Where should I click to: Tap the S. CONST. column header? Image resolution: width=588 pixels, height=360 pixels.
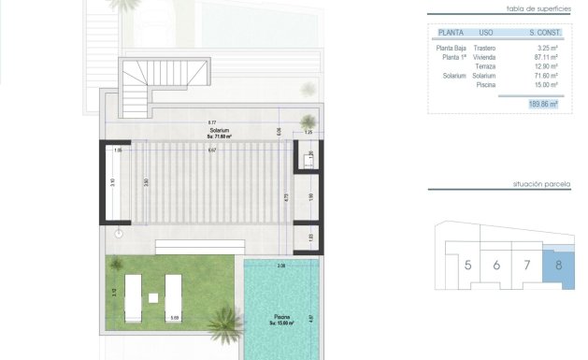click(x=539, y=31)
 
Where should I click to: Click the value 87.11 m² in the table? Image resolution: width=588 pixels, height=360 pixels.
click(x=541, y=57)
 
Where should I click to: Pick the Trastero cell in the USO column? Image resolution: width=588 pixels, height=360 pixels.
click(x=484, y=48)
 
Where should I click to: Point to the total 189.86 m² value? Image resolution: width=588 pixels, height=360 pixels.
click(x=541, y=105)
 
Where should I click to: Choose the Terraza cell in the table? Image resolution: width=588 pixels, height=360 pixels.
click(x=485, y=66)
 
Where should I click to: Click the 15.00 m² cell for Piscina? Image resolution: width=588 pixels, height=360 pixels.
click(x=542, y=85)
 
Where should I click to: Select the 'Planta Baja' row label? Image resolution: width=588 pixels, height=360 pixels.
click(x=452, y=48)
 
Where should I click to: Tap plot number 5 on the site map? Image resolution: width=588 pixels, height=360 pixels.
click(x=467, y=266)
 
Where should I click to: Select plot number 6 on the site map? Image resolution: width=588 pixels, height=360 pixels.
click(x=496, y=266)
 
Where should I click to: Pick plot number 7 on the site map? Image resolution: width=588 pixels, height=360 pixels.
click(x=527, y=266)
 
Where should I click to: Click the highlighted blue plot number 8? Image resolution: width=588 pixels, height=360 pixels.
click(x=558, y=266)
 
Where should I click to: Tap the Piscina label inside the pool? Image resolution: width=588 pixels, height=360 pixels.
click(x=282, y=319)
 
